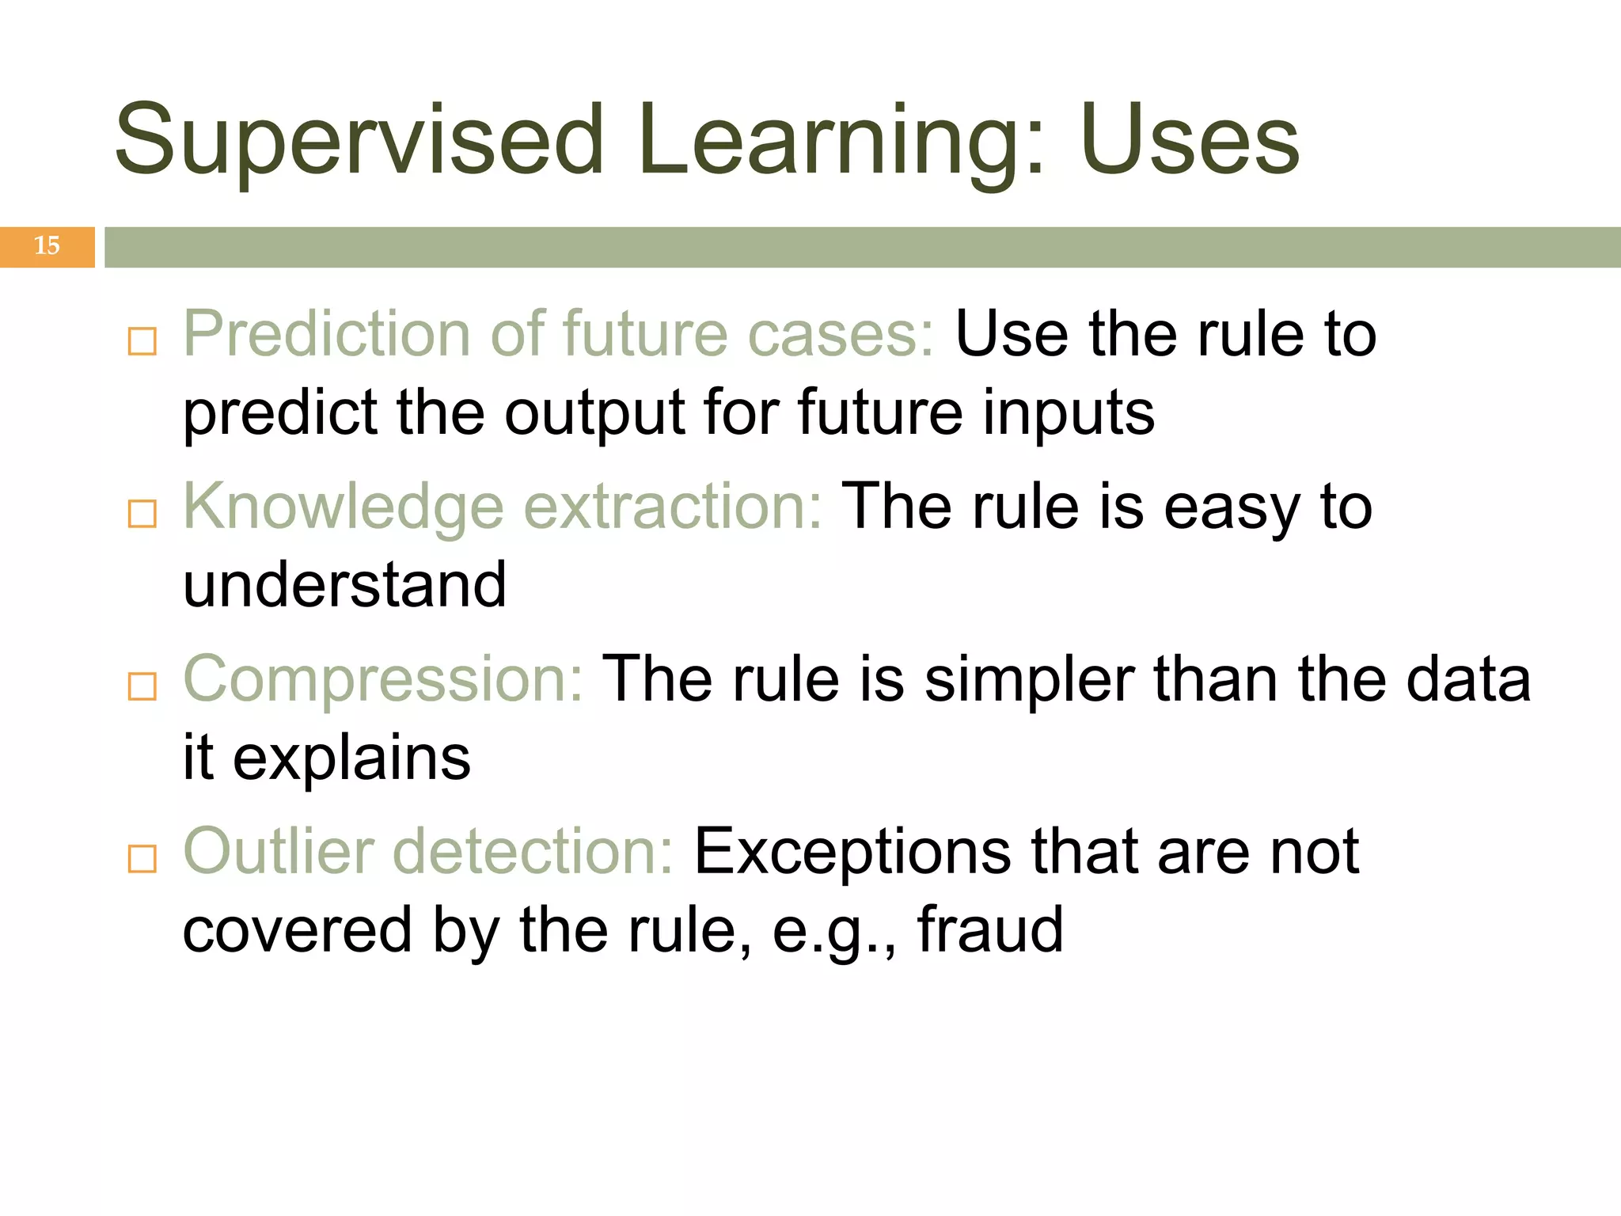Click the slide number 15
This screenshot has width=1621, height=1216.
point(47,246)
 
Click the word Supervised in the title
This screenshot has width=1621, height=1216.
point(359,141)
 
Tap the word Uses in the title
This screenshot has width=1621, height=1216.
point(1189,141)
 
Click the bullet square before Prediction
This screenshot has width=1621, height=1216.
point(142,342)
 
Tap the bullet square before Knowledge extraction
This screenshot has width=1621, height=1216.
point(142,514)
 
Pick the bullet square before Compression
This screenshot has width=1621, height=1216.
point(142,686)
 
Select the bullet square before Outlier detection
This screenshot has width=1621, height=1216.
point(142,858)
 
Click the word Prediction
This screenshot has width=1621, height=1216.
point(327,334)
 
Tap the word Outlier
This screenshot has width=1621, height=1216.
point(279,852)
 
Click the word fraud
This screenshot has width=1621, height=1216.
point(989,930)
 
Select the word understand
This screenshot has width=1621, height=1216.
point(345,585)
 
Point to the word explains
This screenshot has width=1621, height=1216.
point(351,758)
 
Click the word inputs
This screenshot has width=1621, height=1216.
point(1069,413)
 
